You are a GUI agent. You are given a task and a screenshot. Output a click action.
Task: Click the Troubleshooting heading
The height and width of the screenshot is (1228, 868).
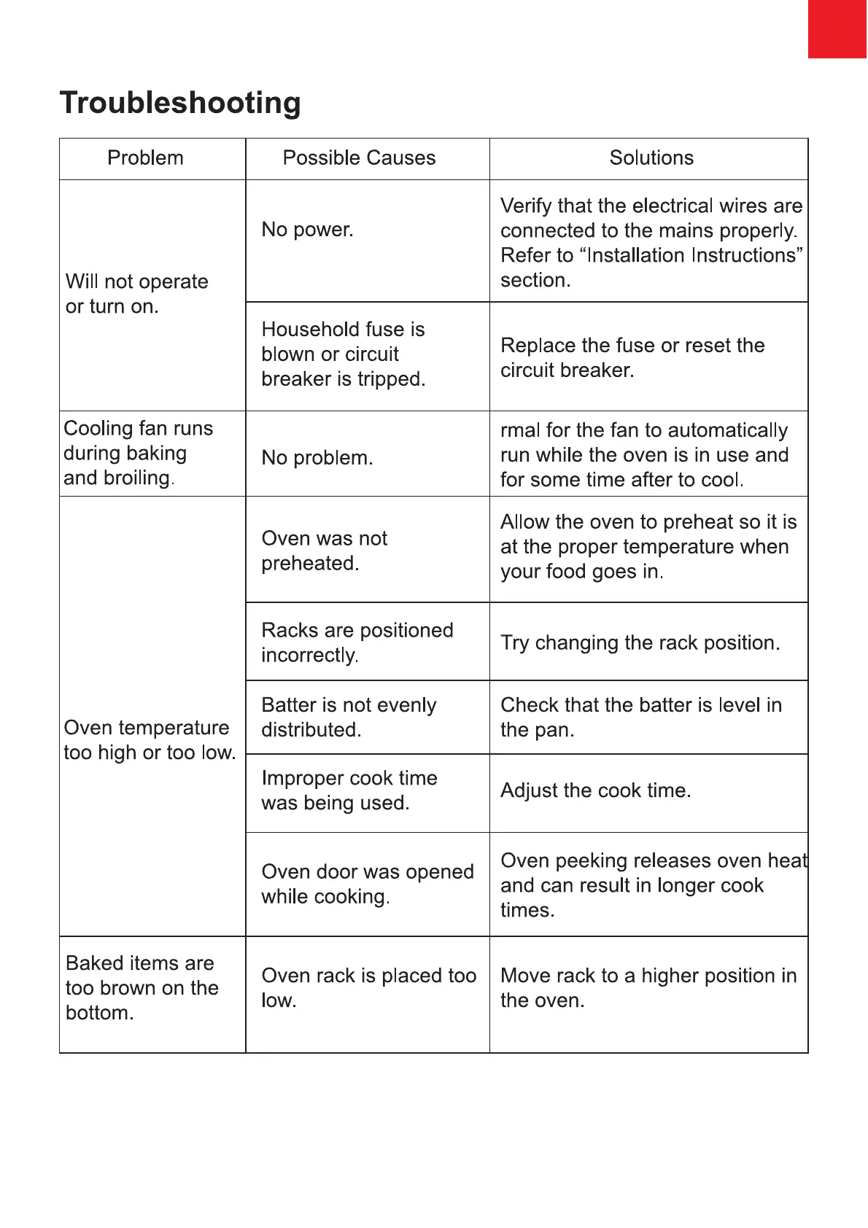coord(180,103)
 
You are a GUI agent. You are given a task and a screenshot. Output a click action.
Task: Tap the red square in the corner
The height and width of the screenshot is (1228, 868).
coord(837,28)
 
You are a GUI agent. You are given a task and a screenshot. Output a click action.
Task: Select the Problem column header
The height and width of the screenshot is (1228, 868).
coord(145,158)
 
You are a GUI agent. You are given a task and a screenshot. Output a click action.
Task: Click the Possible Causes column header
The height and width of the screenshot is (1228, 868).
coord(359,158)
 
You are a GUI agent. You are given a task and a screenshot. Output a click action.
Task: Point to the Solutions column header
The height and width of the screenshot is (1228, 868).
coord(651,158)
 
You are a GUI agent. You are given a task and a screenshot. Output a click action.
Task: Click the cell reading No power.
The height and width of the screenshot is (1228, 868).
coord(307,230)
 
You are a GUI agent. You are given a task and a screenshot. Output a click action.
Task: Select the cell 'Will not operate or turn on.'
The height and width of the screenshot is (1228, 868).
coord(136,294)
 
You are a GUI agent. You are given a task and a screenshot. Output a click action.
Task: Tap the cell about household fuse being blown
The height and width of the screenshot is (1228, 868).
coord(343,354)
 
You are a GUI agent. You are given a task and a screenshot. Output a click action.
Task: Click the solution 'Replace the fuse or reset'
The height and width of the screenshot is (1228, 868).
coord(632,357)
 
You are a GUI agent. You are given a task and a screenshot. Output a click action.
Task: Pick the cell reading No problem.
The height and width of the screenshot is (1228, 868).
coord(317,458)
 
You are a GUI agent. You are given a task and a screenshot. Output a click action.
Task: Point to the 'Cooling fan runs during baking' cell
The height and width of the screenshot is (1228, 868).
coord(138,453)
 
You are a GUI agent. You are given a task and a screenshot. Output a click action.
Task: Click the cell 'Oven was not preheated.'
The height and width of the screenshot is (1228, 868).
coord(324,551)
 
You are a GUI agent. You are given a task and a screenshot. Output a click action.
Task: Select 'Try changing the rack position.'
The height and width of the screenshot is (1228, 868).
coord(640,642)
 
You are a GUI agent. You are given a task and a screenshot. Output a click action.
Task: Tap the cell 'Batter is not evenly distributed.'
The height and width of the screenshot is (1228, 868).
coord(349,717)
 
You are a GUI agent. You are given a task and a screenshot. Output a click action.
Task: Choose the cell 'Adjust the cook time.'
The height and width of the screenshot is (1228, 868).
coord(595,790)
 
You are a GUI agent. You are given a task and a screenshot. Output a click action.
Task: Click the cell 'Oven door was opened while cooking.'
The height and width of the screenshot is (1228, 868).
coord(367,884)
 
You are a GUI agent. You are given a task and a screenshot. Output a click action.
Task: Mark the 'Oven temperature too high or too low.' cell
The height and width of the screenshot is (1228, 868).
coord(150,740)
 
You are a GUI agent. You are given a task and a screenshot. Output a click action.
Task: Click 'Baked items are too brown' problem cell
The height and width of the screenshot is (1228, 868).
coord(142,988)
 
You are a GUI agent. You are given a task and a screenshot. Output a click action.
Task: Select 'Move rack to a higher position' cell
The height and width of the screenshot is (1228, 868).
coord(648,988)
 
